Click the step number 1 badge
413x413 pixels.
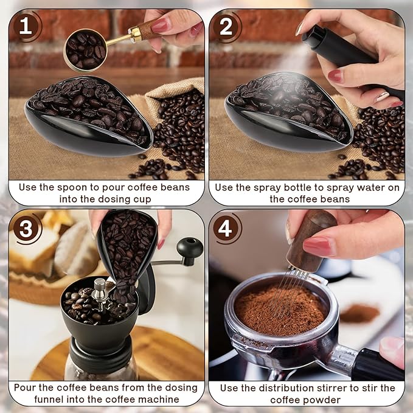26,26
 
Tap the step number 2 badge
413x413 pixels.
226,26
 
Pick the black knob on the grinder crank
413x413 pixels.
190,247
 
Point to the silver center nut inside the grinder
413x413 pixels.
99,286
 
